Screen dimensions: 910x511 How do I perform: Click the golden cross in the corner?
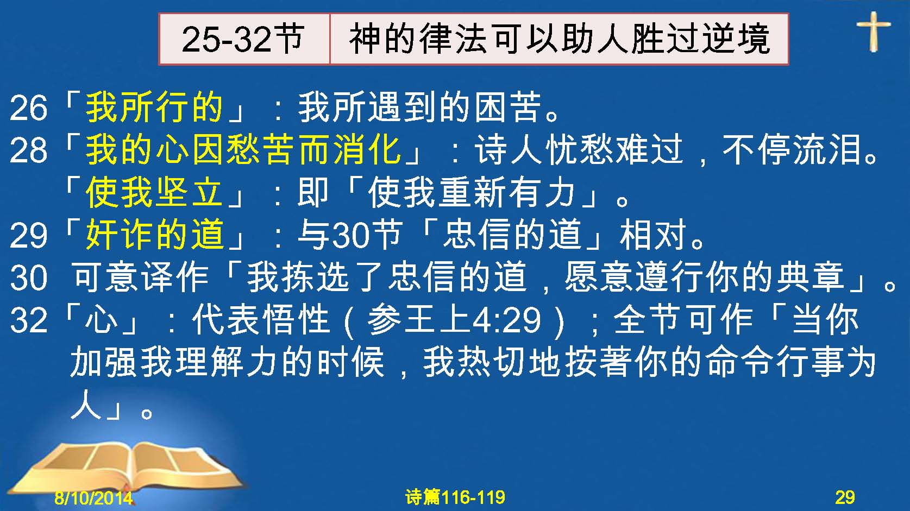click(874, 31)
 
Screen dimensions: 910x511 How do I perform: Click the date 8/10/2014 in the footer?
click(93, 497)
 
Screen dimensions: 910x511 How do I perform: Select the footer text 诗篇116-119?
click(455, 497)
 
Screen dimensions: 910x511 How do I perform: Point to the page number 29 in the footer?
click(845, 497)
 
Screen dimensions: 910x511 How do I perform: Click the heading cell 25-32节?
click(244, 39)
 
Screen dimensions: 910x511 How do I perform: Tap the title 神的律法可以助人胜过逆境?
click(559, 39)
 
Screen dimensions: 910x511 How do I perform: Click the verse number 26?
click(28, 108)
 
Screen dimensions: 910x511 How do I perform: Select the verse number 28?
click(28, 150)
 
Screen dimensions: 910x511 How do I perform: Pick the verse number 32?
click(28, 320)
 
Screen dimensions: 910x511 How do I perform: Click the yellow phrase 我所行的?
click(154, 107)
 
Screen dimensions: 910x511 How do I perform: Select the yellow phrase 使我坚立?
click(154, 192)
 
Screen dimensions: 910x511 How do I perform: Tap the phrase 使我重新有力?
click(471, 192)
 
